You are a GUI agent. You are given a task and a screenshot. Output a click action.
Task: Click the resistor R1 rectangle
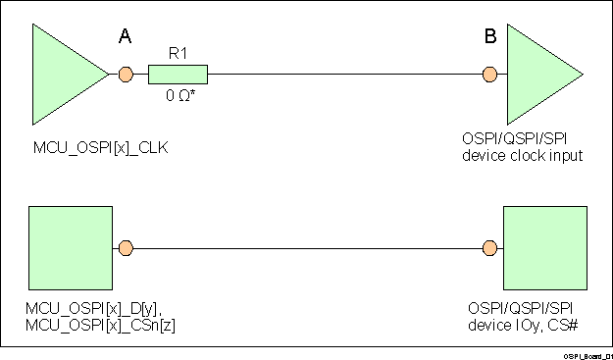[x=178, y=74]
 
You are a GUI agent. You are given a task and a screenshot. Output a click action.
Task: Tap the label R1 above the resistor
[x=179, y=55]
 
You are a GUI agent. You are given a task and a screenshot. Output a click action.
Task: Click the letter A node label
[x=125, y=37]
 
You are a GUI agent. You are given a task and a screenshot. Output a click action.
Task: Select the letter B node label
[x=490, y=37]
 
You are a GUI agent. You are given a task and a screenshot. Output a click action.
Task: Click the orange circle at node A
[x=126, y=74]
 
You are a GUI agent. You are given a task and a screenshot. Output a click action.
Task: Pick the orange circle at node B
[x=490, y=74]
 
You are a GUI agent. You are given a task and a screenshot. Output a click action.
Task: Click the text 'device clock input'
[x=523, y=155]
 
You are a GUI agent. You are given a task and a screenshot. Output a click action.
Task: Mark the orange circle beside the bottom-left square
[x=125, y=248]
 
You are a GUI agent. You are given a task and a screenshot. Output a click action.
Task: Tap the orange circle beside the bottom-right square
[x=489, y=248]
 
